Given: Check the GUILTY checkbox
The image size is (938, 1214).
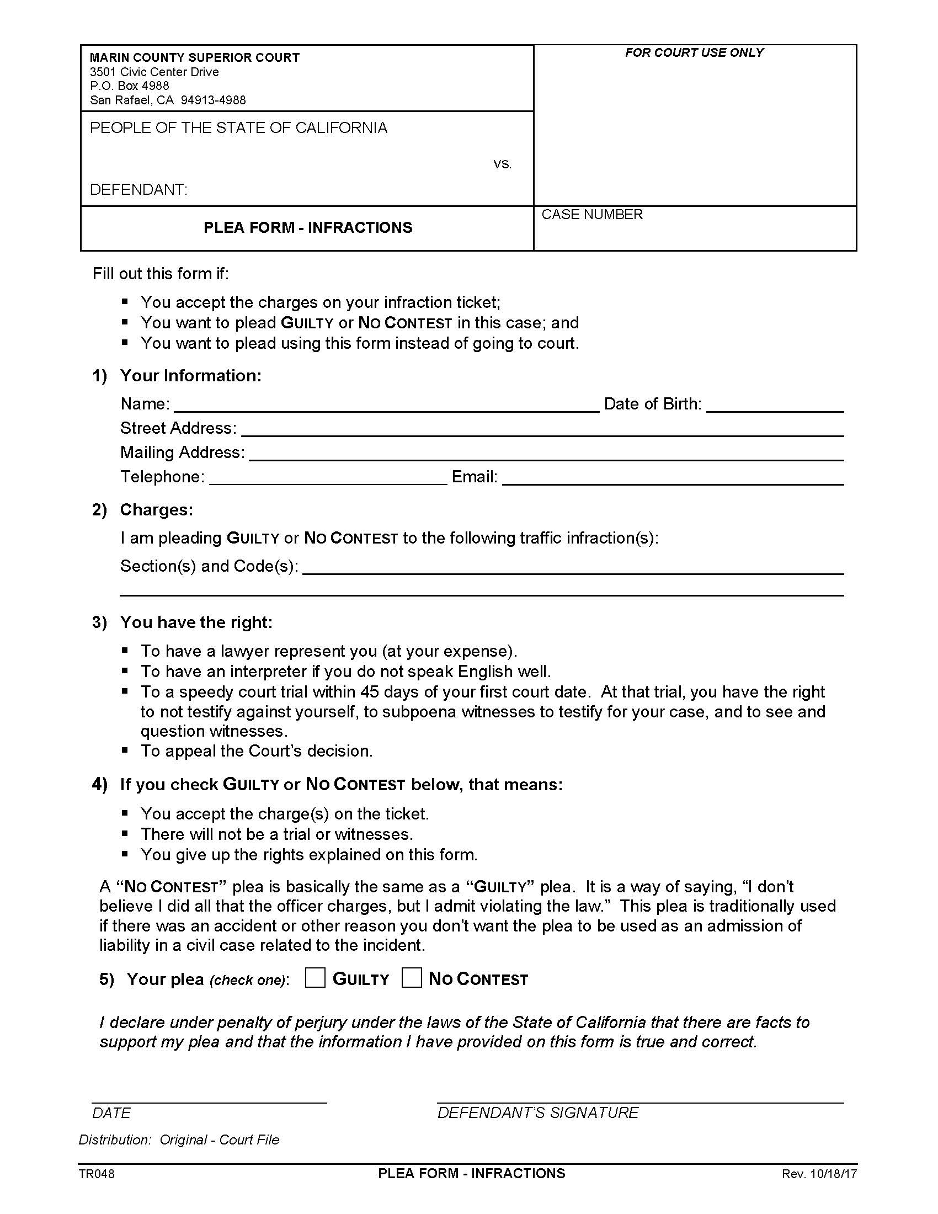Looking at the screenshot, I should [x=315, y=978].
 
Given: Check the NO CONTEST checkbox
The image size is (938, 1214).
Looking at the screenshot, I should [x=411, y=978].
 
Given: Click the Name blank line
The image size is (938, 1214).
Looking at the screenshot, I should [x=386, y=404].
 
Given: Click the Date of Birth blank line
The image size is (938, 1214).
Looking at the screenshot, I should [x=775, y=404].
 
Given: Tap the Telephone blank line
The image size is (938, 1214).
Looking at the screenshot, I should [x=328, y=478].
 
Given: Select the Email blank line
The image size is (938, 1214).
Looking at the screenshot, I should [x=673, y=478].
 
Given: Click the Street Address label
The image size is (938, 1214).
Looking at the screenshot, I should [x=178, y=428].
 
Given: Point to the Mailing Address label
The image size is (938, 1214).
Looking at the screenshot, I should [x=182, y=452].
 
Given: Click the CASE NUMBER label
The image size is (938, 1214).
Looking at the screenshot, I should [x=592, y=215].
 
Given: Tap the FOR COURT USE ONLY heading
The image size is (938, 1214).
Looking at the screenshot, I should [x=694, y=53].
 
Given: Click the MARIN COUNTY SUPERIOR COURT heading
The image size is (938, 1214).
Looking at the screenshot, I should [x=194, y=58].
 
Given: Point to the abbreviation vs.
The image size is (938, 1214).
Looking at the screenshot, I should [x=502, y=164].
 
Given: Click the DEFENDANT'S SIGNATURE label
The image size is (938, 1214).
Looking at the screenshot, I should [x=538, y=1113].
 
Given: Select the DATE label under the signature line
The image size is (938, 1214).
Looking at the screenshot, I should [x=111, y=1113].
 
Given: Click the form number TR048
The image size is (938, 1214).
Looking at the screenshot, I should [x=97, y=1174].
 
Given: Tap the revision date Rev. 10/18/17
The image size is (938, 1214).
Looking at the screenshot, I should [x=819, y=1174].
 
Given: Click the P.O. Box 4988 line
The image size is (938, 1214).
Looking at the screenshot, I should [x=130, y=86].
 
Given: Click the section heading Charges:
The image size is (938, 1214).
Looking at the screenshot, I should [x=156, y=510].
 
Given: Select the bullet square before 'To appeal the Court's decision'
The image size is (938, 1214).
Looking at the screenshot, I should [x=125, y=750].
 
